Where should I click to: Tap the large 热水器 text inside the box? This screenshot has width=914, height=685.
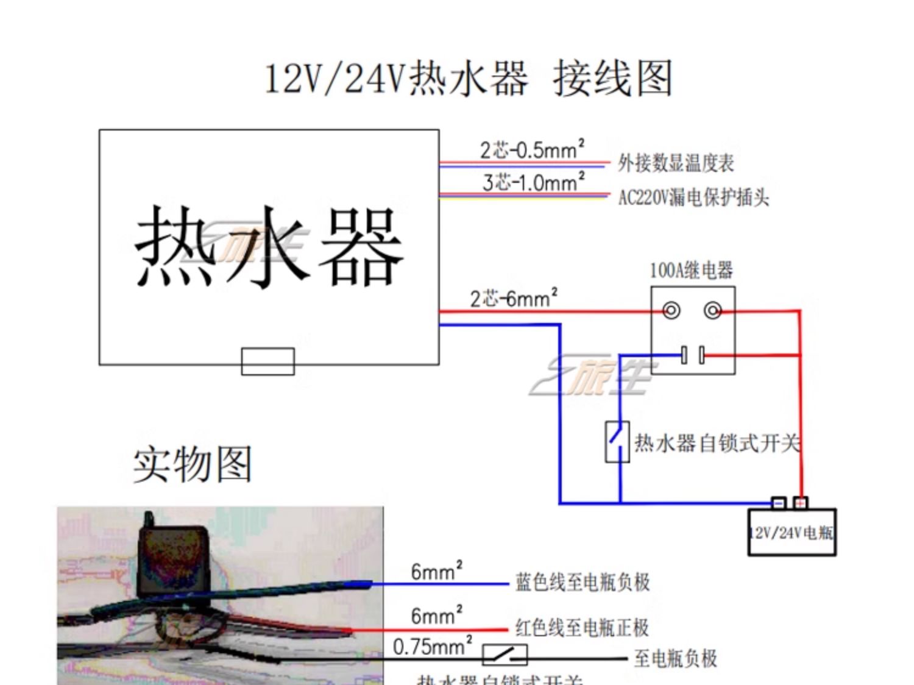pyautogui.click(x=268, y=247)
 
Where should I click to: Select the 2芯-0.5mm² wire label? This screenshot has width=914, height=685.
pyautogui.click(x=531, y=149)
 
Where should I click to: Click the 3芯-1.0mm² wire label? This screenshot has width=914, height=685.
pyautogui.click(x=533, y=182)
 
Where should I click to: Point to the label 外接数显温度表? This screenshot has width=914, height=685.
pyautogui.click(x=676, y=163)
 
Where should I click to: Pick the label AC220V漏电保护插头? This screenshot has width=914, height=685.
pyautogui.click(x=693, y=197)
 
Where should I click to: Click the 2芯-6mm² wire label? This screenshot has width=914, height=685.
pyautogui.click(x=513, y=299)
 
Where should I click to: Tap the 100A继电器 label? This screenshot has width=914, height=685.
pyautogui.click(x=691, y=270)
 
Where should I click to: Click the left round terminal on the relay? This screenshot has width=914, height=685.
pyautogui.click(x=671, y=311)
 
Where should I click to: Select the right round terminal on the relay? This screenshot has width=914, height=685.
pyautogui.click(x=713, y=311)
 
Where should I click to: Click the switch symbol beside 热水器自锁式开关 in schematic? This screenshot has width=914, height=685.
pyautogui.click(x=617, y=442)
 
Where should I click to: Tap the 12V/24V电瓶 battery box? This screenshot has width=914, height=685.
pyautogui.click(x=792, y=533)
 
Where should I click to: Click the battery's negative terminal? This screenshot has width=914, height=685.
pyautogui.click(x=779, y=503)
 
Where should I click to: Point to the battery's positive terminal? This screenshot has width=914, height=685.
pyautogui.click(x=801, y=503)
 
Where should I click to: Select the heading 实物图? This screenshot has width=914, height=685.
pyautogui.click(x=193, y=464)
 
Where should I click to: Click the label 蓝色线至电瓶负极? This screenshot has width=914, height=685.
pyautogui.click(x=582, y=583)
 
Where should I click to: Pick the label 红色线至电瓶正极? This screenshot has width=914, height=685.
pyautogui.click(x=582, y=628)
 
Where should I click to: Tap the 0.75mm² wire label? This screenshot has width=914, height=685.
pyautogui.click(x=432, y=646)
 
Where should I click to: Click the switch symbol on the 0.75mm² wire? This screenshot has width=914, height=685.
pyautogui.click(x=505, y=655)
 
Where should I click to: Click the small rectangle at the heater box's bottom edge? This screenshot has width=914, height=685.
pyautogui.click(x=268, y=361)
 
